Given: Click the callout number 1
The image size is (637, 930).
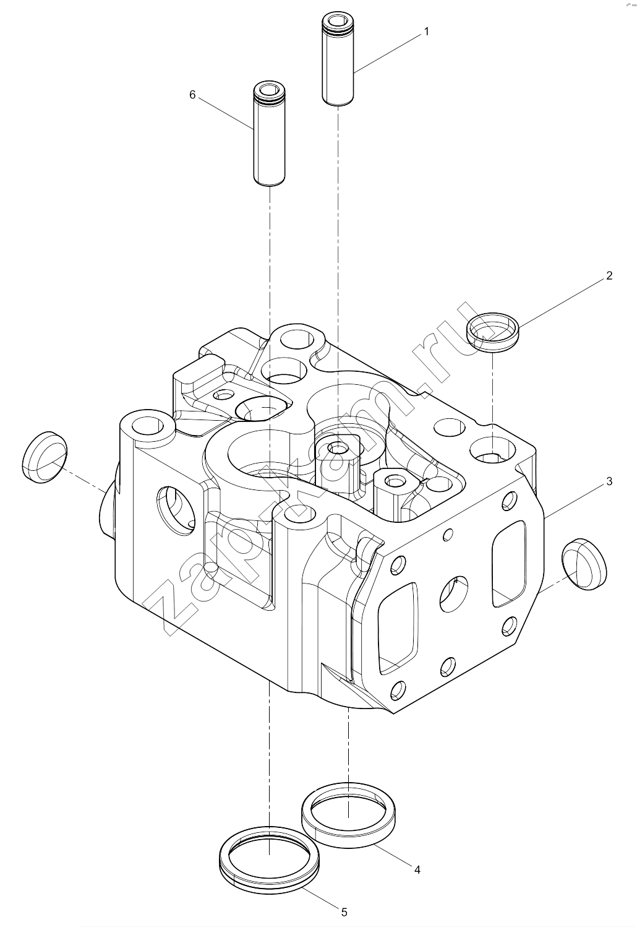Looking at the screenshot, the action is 426,32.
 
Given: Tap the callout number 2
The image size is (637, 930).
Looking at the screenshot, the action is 609,275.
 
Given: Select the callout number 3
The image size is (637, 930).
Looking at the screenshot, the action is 609,481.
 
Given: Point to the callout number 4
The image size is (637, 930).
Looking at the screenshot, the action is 417,869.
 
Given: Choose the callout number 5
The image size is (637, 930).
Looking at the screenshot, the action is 344,912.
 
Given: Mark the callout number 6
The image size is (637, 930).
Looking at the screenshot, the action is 192,95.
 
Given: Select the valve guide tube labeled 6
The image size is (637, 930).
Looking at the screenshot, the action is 269,134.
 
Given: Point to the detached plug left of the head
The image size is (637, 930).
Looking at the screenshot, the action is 45,457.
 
